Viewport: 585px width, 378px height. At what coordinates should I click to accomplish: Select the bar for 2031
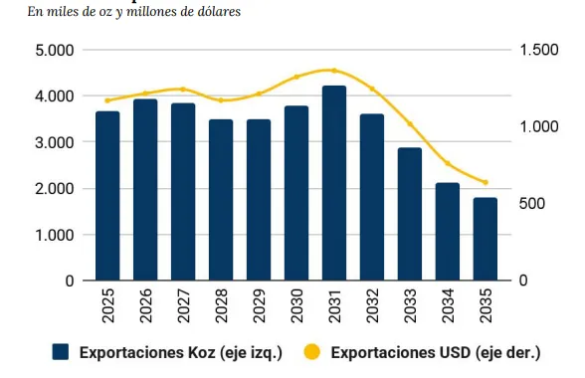(x=334, y=183)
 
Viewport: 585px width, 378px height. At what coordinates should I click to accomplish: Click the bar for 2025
(x=107, y=196)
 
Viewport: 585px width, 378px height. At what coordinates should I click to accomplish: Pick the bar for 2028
(x=221, y=200)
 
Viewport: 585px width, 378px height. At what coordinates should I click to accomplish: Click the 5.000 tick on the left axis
(x=55, y=50)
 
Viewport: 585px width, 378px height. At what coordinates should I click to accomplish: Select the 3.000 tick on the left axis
(x=55, y=142)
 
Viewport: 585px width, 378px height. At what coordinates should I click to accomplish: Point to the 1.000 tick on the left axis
(x=55, y=235)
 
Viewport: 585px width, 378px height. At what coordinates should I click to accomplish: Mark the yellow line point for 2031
(x=334, y=71)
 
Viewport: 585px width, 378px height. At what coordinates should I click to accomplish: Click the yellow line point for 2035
(x=486, y=182)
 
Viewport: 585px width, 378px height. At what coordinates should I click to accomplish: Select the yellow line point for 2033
(x=410, y=124)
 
